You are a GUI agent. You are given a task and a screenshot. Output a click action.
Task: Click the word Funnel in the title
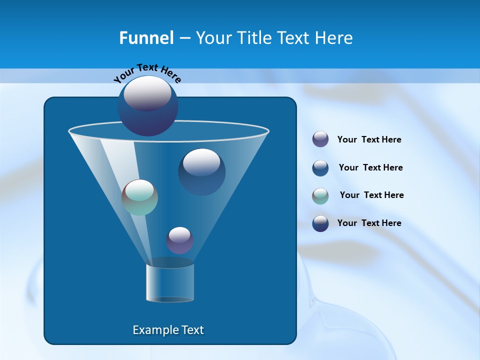(146, 38)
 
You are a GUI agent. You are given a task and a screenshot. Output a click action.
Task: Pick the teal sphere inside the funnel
(139, 197)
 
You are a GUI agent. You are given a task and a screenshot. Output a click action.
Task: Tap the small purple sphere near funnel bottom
(179, 240)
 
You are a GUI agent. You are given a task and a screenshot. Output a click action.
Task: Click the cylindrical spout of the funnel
(169, 283)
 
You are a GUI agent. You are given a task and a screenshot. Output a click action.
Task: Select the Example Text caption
(168, 330)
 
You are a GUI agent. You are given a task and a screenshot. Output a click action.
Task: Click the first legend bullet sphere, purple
(320, 139)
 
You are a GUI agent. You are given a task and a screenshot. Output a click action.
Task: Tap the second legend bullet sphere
(320, 168)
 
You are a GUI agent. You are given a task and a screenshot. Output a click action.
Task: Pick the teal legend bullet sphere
(320, 196)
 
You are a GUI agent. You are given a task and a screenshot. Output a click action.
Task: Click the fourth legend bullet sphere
(320, 223)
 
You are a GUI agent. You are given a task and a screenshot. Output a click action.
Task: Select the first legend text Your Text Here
(369, 139)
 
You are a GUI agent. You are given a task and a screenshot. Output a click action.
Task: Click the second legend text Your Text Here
(370, 167)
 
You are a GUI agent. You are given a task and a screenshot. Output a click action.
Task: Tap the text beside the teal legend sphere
(371, 195)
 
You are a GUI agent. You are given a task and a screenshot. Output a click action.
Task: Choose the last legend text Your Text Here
(369, 223)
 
